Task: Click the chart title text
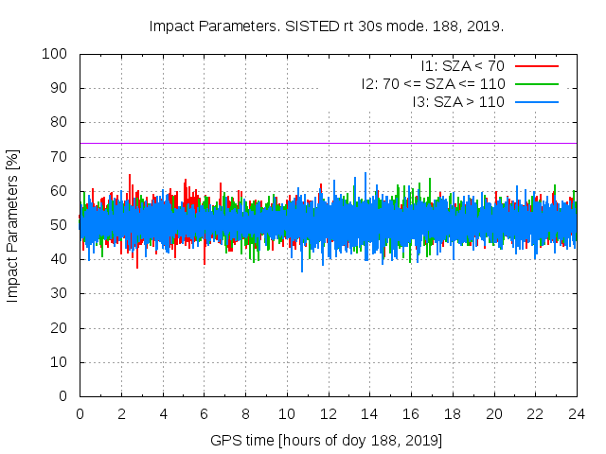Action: [x=326, y=26]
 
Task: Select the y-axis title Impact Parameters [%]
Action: [x=13, y=225]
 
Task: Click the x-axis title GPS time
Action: [x=327, y=441]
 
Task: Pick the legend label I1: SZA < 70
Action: [x=463, y=66]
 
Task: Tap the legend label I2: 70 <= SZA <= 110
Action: [x=433, y=84]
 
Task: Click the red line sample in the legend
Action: [x=536, y=66]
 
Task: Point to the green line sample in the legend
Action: [x=536, y=84]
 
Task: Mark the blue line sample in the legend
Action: [x=536, y=101]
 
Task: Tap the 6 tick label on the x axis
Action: [x=204, y=413]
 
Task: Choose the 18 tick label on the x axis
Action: [x=453, y=413]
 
